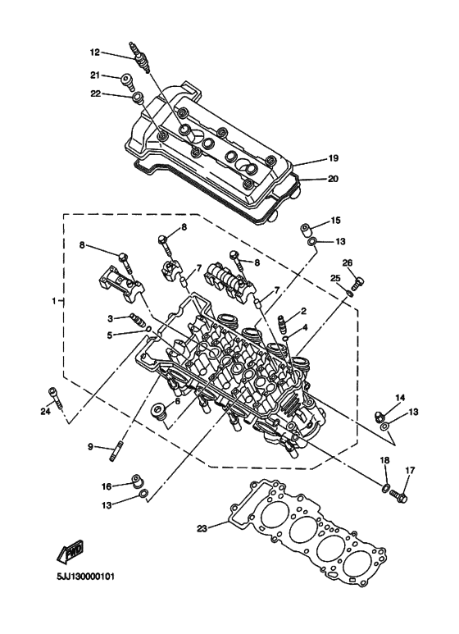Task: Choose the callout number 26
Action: [348, 263]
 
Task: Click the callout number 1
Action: [54, 301]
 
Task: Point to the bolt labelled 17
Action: [399, 495]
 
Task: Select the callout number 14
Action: [400, 398]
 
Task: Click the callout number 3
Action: [110, 318]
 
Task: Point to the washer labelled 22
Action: [138, 100]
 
